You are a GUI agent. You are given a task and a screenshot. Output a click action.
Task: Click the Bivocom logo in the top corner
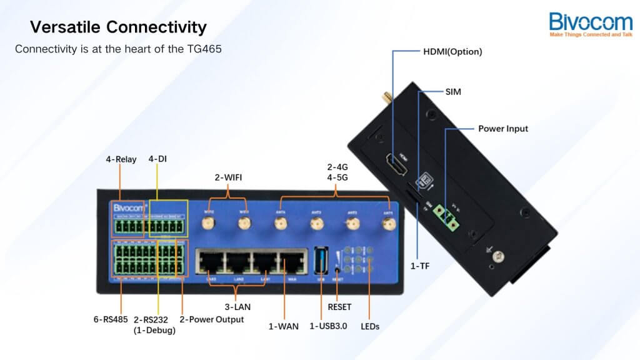coord(591,24)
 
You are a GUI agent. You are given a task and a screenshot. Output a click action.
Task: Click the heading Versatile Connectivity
coord(118,27)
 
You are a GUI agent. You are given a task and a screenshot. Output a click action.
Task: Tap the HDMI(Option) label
coord(452,52)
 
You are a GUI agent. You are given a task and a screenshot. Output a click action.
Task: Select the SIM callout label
coord(453,91)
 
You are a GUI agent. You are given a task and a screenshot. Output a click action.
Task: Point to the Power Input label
coord(502,129)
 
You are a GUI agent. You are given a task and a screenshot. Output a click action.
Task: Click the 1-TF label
coord(419,266)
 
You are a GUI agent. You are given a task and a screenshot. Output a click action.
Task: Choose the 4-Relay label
coord(121,159)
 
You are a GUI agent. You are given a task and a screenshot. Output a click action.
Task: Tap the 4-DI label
coord(157,159)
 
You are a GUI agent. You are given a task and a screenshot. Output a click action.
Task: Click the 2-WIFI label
coord(228,177)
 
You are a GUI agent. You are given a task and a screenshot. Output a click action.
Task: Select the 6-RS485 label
coord(111,319)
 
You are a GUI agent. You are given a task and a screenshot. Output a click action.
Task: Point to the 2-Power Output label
coord(212,319)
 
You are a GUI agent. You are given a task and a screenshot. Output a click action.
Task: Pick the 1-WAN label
coord(283,326)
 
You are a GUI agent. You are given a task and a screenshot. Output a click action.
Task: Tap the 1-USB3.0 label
coord(328,326)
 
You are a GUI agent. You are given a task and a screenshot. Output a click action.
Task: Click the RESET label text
coord(339,307)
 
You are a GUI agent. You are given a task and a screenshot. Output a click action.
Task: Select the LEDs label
coord(370,326)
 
